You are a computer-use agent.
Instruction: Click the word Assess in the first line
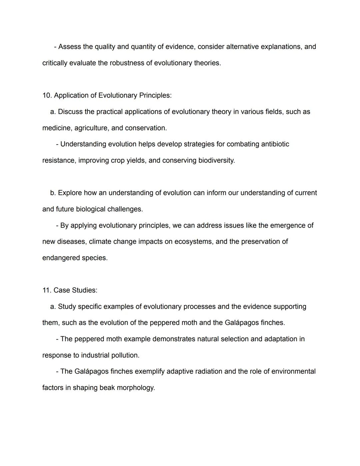tap(69, 47)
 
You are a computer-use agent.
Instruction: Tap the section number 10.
tap(47, 95)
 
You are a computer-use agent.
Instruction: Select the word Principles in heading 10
tap(155, 95)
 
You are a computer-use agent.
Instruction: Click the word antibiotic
tap(275, 144)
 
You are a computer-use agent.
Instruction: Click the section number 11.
tap(47, 290)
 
